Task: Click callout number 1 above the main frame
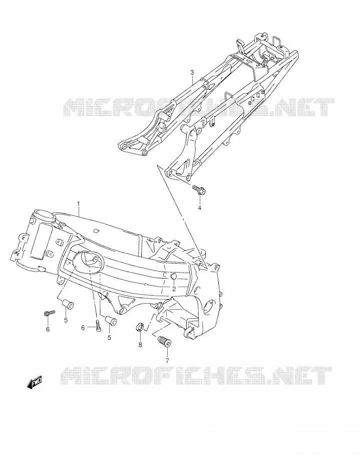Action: coord(79,203)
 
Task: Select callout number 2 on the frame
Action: coord(174,289)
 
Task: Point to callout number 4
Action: coord(200,208)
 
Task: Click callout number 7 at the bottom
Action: coord(167,361)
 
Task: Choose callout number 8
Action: coord(140,345)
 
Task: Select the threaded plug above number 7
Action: coord(164,341)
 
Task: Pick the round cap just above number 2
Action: coord(174,277)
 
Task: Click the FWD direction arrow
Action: coord(35,382)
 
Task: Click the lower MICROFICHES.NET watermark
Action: coord(196,376)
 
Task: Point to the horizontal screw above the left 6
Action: coord(50,313)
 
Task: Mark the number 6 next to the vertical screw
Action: coord(83,328)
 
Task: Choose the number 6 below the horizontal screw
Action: coord(48,329)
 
